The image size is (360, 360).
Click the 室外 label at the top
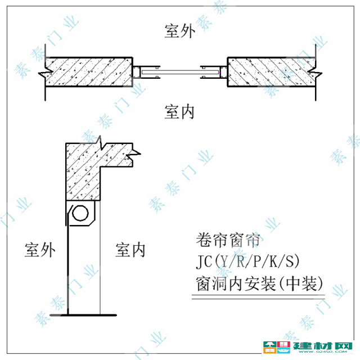180,31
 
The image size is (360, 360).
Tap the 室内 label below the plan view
179,112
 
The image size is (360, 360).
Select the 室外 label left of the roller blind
40,250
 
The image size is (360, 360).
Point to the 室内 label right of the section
130,250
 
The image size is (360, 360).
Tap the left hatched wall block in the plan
89,71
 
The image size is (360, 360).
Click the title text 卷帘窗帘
228,240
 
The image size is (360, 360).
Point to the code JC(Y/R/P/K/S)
247,261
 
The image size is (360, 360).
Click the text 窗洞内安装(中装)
259,283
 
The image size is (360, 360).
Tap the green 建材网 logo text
322,345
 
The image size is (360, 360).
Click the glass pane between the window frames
180,73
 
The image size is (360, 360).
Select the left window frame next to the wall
137,73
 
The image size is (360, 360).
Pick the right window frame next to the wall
223,73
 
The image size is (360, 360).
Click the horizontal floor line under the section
84,315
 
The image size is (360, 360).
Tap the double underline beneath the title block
258,297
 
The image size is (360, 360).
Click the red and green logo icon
277,347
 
